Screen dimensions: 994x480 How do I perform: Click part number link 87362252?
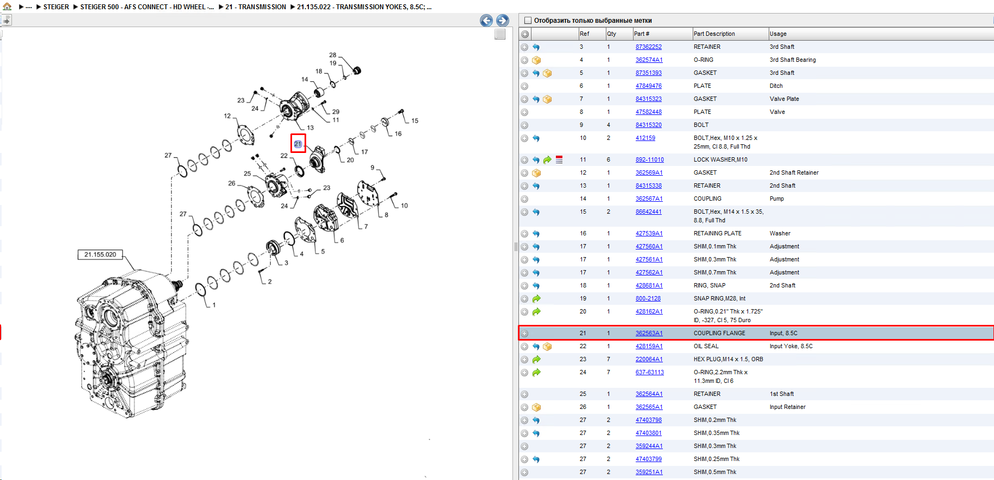coord(648,47)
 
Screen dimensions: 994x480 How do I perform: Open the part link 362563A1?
coord(649,334)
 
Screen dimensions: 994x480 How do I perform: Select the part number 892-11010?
coord(649,160)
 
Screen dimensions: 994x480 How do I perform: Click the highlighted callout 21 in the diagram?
coord(298,144)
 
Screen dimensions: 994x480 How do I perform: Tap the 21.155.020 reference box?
coord(100,254)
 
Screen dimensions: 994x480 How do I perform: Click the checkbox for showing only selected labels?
coord(528,21)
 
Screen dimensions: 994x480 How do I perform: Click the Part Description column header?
coord(714,34)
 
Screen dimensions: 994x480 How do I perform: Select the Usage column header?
coord(778,34)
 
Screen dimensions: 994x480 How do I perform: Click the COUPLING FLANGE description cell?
coord(719,334)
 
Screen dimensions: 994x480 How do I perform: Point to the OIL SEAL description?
coord(706,347)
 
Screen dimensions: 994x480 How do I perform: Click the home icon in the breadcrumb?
coord(7,7)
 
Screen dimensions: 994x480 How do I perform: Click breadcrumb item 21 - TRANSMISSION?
coord(256,7)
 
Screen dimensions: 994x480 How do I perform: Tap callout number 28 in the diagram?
coord(333,55)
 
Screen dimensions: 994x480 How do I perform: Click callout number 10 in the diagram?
coord(404,206)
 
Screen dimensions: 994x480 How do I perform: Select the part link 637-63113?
coord(649,373)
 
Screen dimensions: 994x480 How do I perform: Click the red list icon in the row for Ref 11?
coord(559,160)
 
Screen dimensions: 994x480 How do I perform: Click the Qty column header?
coord(611,34)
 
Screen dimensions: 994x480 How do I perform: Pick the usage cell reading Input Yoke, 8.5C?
coord(791,347)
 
